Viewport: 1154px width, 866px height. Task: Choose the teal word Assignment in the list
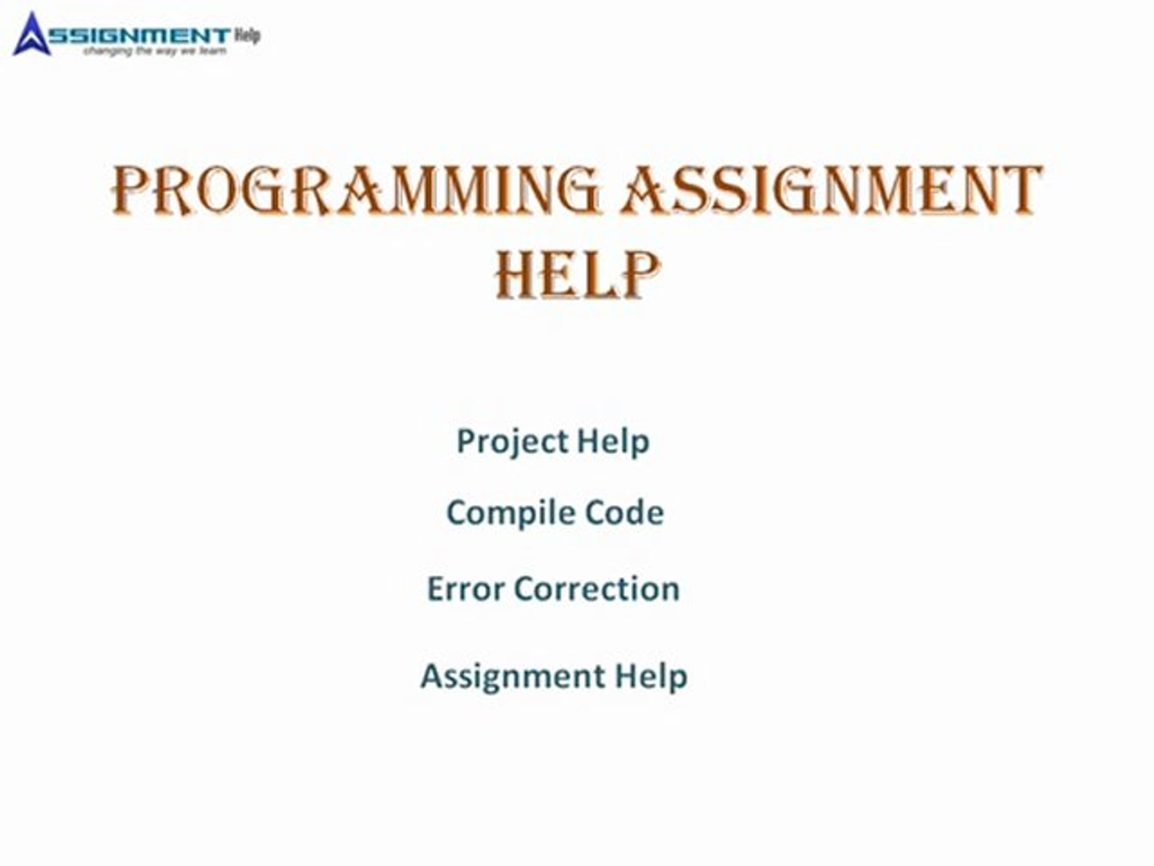(513, 676)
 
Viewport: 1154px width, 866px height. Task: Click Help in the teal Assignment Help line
(651, 676)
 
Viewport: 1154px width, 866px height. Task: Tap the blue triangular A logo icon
(32, 34)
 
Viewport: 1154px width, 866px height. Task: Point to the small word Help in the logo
(247, 34)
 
